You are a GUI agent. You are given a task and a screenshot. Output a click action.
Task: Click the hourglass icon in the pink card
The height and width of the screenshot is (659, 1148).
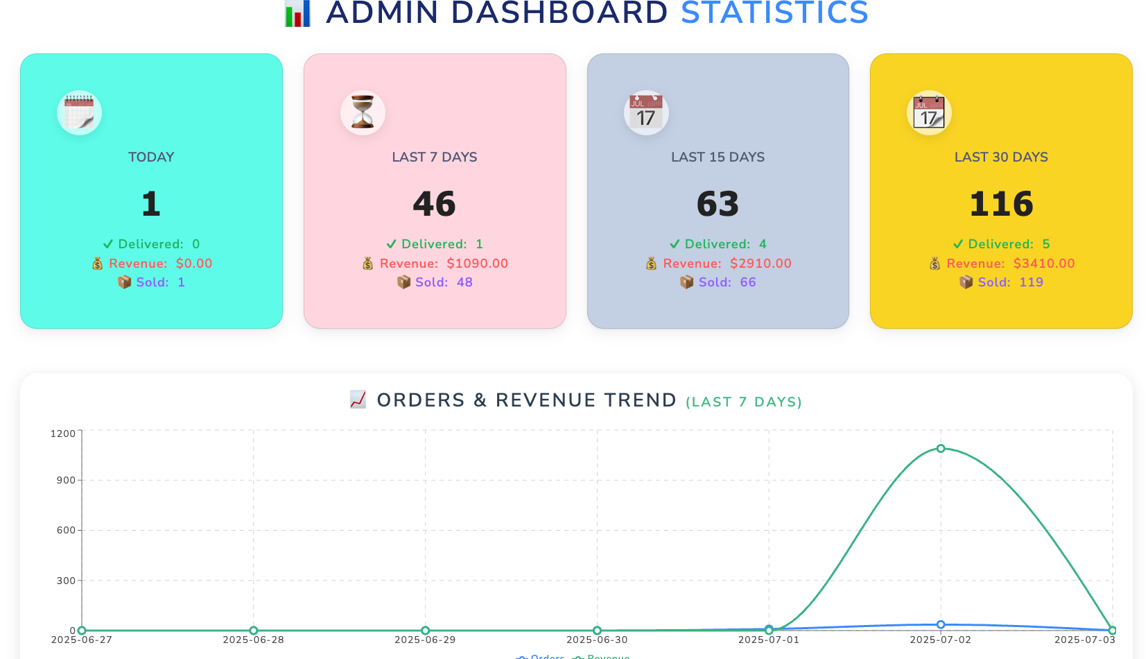pyautogui.click(x=363, y=112)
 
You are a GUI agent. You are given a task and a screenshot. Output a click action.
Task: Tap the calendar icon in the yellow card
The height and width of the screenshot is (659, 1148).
pyautogui.click(x=929, y=112)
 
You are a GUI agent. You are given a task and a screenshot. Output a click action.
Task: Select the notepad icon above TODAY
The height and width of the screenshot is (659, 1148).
pyautogui.click(x=79, y=112)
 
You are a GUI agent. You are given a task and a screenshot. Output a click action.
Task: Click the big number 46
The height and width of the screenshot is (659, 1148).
pyautogui.click(x=435, y=204)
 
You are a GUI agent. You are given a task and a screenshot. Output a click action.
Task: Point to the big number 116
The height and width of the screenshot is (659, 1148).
pyautogui.click(x=1001, y=204)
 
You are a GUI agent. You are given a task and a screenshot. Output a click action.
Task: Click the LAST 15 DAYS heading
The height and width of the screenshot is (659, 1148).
pyautogui.click(x=717, y=157)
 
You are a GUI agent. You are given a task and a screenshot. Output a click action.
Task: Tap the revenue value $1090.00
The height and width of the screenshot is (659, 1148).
pyautogui.click(x=477, y=264)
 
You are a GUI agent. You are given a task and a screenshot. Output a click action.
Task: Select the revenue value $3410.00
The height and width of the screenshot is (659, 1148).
pyautogui.click(x=1043, y=264)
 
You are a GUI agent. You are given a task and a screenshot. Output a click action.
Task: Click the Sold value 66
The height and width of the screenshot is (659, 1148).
pyautogui.click(x=747, y=282)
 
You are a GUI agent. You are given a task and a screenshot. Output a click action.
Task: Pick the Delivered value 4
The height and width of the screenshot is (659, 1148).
pyautogui.click(x=763, y=244)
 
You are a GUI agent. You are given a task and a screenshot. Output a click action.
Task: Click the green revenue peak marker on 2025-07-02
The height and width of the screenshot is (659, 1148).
pyautogui.click(x=941, y=449)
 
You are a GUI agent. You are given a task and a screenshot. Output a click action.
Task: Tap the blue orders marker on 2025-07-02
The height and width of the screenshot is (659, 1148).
pyautogui.click(x=941, y=625)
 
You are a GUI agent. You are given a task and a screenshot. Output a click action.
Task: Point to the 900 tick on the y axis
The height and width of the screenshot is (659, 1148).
pyautogui.click(x=66, y=480)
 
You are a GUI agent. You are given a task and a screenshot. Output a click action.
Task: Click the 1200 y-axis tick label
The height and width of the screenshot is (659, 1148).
pyautogui.click(x=63, y=434)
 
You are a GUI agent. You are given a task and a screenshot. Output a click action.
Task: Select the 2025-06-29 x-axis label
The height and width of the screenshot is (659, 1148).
pyautogui.click(x=425, y=640)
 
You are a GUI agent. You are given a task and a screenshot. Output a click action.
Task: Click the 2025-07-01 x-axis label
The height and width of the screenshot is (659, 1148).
pyautogui.click(x=769, y=640)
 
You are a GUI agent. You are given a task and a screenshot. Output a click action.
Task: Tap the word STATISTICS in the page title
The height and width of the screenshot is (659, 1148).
pyautogui.click(x=774, y=12)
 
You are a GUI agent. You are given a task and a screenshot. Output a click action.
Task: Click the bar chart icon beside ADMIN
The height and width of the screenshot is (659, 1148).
pyautogui.click(x=298, y=14)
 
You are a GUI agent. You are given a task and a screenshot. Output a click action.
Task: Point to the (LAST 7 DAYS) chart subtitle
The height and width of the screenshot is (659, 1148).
pyautogui.click(x=743, y=402)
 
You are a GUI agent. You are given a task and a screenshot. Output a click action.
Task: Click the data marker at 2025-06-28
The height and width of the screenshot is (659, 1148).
pyautogui.click(x=254, y=631)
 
